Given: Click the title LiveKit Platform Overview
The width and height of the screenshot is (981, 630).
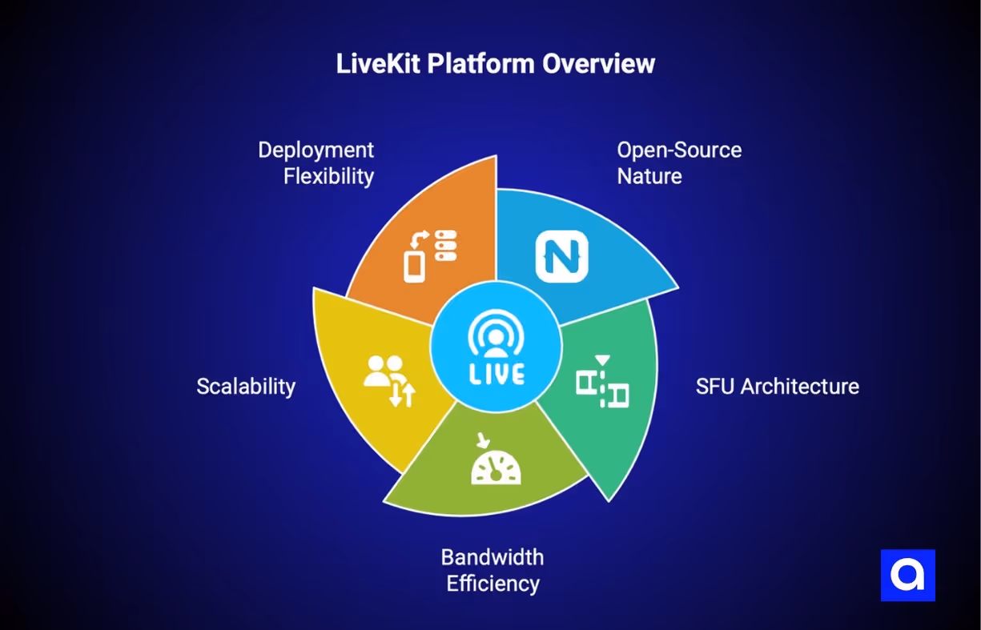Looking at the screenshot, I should [495, 64].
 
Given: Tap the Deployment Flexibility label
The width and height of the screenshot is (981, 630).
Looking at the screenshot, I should [316, 163].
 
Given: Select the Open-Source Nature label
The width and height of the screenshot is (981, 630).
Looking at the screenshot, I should [679, 163].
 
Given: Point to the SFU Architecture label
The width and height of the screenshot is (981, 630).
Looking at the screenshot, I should [777, 386].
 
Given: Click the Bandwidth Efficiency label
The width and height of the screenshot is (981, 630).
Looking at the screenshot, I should [493, 570].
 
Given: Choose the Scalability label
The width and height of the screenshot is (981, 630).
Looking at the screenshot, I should [246, 386].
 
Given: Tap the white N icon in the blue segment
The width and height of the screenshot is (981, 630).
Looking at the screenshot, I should [561, 256].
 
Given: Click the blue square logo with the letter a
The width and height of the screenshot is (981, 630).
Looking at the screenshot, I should [907, 575].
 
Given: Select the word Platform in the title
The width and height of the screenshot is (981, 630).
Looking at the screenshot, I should [481, 64].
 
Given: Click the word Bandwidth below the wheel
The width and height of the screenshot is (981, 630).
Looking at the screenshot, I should [493, 556].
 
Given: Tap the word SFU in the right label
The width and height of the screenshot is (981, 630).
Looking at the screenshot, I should [715, 386].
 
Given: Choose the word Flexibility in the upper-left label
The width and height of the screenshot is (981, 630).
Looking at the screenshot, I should [328, 175].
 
